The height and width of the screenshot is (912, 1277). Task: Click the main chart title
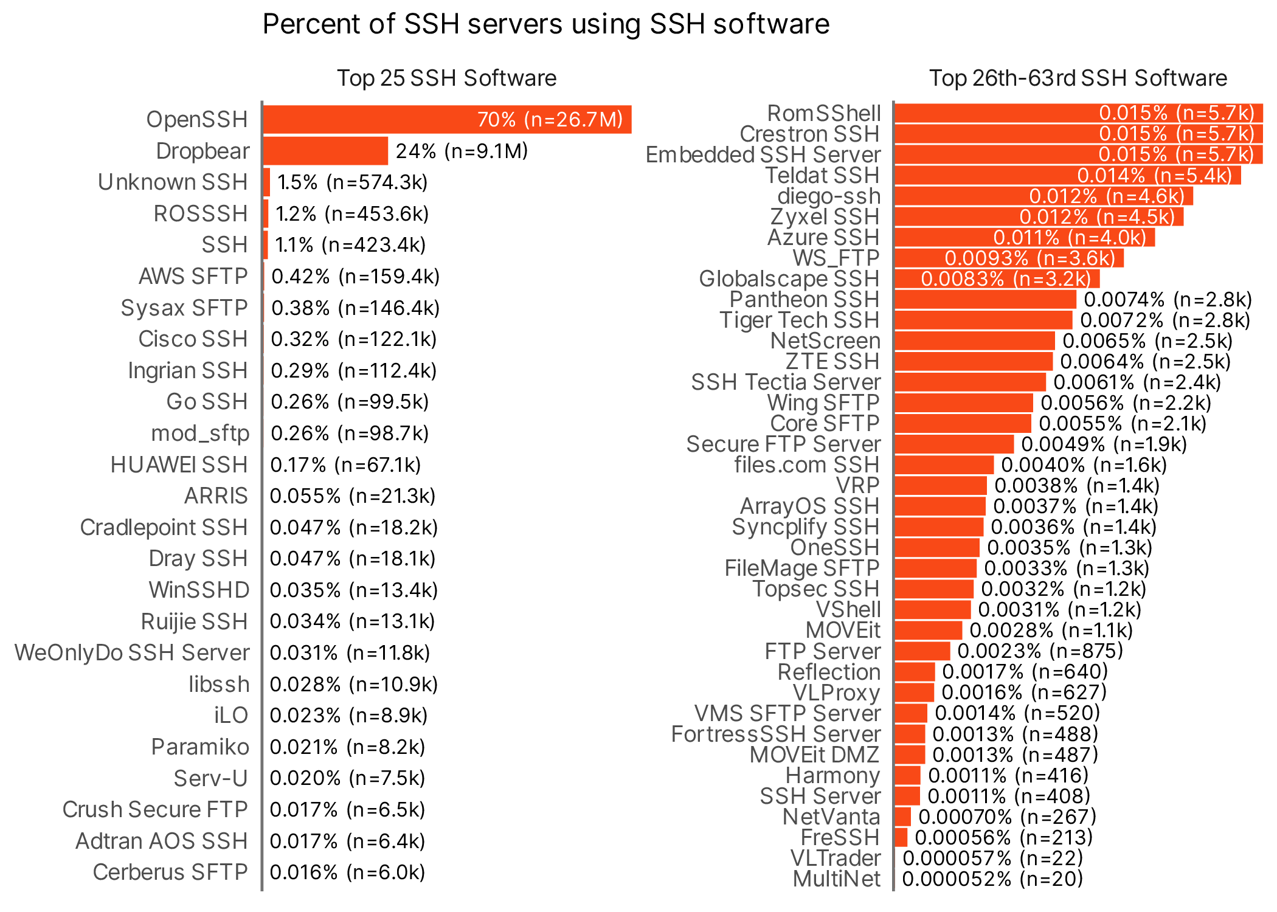click(545, 25)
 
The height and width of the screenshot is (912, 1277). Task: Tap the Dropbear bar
click(325, 151)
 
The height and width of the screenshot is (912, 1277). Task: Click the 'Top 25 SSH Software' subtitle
click(446, 78)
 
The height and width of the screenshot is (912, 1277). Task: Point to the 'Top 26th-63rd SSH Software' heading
click(1078, 78)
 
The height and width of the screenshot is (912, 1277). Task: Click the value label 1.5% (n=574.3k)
click(352, 182)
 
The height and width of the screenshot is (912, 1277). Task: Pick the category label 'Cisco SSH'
click(193, 339)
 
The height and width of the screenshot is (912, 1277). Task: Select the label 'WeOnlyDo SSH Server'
click(132, 653)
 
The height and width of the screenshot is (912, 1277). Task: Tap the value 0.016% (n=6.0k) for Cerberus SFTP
click(347, 872)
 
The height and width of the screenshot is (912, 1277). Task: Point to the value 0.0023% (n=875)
click(1040, 651)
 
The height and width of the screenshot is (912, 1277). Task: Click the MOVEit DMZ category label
click(814, 755)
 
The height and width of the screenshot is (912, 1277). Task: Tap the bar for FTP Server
click(922, 651)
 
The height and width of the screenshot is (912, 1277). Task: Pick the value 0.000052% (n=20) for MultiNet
click(992, 879)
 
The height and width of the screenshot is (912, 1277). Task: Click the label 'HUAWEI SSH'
click(179, 465)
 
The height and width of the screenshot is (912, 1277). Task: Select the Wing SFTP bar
click(963, 403)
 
